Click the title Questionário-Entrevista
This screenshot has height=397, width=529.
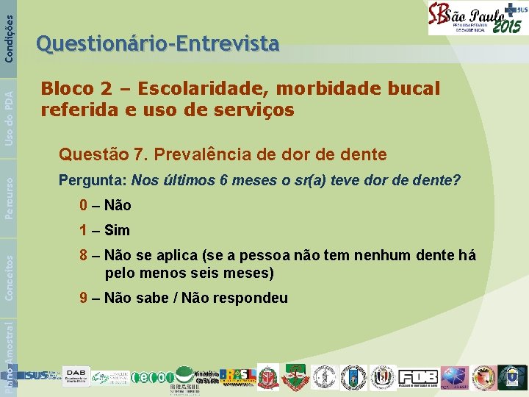pyautogui.click(x=158, y=45)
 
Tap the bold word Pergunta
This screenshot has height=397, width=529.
pyautogui.click(x=93, y=180)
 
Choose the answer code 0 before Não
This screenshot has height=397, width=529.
pyautogui.click(x=84, y=205)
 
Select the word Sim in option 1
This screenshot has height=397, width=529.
pyautogui.click(x=118, y=230)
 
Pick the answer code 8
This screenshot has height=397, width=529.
pyautogui.click(x=84, y=256)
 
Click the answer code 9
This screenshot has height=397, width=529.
pyautogui.click(x=84, y=298)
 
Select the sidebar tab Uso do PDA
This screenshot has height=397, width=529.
pyautogui.click(x=9, y=110)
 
